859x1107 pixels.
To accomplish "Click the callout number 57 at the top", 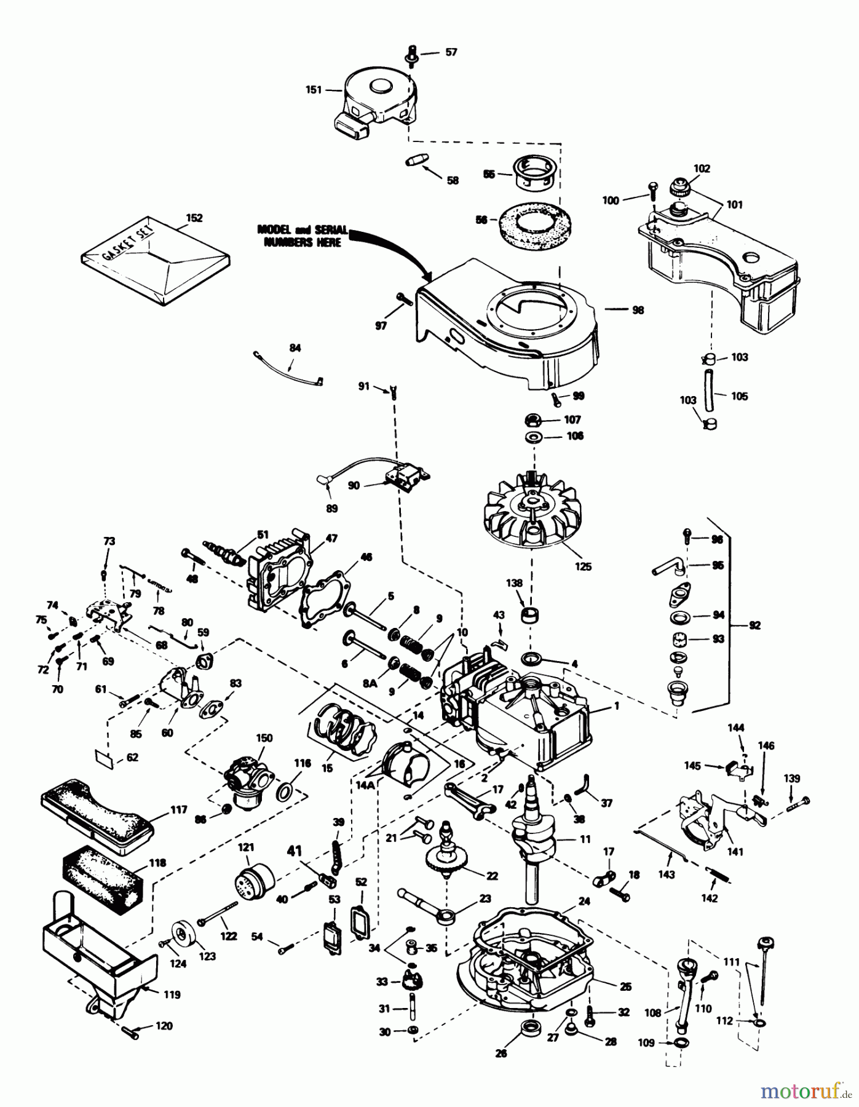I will pos(451,52).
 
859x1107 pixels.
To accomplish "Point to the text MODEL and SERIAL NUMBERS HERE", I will pos(303,236).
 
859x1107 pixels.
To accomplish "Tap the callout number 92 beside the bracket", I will pos(755,625).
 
